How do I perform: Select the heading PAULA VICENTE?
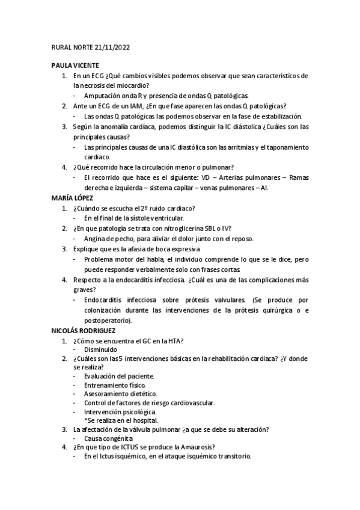(75, 66)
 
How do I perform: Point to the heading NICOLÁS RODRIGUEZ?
(84, 330)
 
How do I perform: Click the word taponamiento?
(284, 147)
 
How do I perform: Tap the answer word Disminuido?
(100, 349)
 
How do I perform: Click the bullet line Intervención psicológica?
(115, 412)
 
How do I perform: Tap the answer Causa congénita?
(108, 438)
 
